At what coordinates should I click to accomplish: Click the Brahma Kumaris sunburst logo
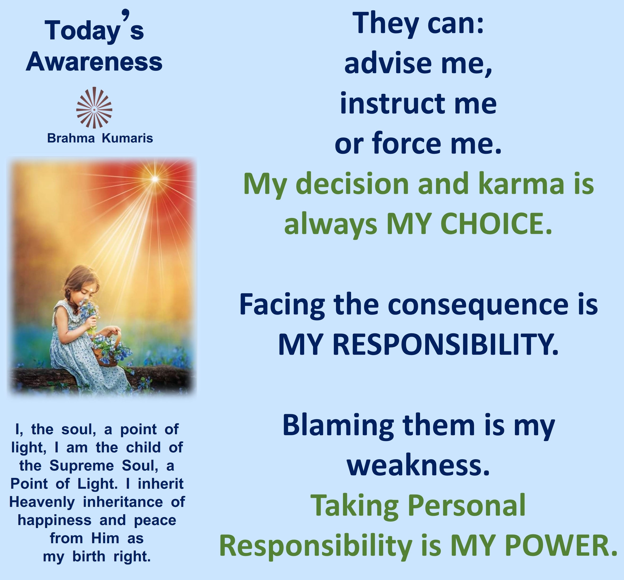click(94, 108)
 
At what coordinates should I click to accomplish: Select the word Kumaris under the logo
click(127, 138)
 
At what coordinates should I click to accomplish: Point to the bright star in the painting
click(155, 179)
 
